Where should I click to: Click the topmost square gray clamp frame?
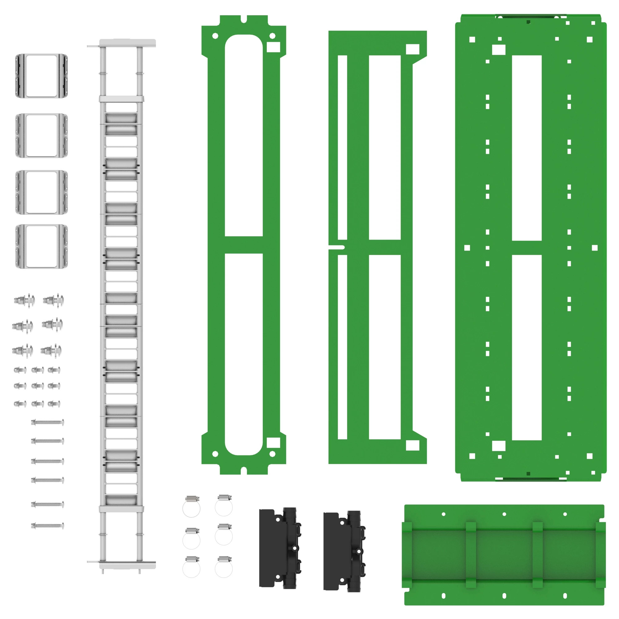(42, 76)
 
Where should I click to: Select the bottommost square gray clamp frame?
(42, 246)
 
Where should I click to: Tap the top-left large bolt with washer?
(24, 301)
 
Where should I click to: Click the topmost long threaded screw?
(47, 422)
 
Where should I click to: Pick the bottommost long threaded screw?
(47, 526)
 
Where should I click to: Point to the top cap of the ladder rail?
(128, 43)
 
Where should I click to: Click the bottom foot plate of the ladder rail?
(128, 565)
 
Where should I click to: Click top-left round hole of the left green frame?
(215, 36)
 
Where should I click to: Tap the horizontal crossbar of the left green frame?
(244, 245)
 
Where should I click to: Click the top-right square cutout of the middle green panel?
(413, 49)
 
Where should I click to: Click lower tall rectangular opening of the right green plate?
(527, 347)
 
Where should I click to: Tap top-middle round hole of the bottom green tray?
(504, 514)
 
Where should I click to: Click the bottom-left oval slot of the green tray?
(444, 596)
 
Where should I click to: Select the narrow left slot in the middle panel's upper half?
(343, 147)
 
